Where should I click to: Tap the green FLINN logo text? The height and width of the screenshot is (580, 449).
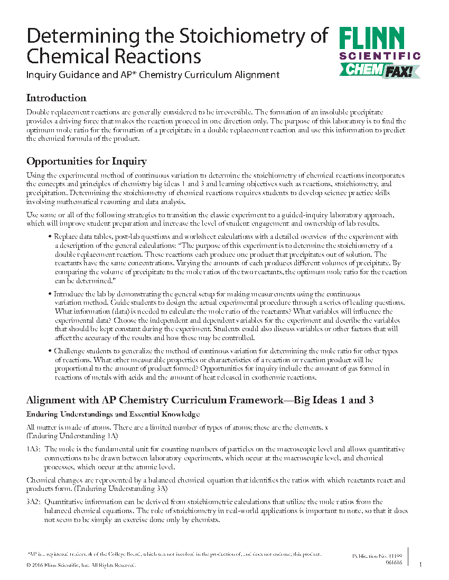[372, 39]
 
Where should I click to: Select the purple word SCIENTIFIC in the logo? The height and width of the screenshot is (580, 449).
[380, 56]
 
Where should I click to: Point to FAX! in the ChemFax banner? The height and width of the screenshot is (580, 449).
[400, 70]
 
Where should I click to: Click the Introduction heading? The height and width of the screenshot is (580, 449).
[56, 98]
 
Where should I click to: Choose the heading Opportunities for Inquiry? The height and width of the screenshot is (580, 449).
[86, 161]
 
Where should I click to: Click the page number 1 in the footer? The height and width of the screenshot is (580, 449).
[420, 565]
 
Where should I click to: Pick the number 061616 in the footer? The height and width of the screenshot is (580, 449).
[394, 563]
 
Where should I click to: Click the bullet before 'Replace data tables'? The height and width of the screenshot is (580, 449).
[50, 237]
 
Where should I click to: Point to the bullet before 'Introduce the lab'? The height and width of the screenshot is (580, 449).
[50, 294]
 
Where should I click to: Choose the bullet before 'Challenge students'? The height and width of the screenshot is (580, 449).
[50, 351]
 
